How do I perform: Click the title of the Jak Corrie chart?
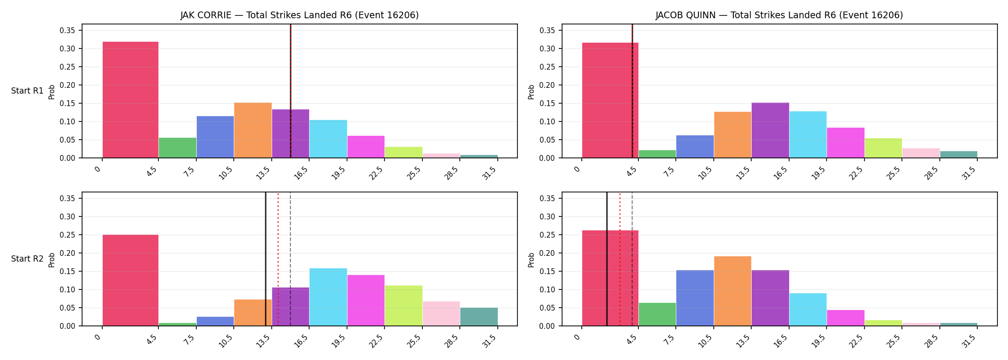tap(300, 15)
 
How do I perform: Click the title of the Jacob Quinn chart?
tap(780, 15)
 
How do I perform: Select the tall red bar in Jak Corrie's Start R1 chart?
tap(131, 100)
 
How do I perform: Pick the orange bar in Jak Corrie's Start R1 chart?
tap(253, 130)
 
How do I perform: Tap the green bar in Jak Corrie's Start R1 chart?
tap(178, 148)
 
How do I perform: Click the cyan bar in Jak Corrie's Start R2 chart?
tap(328, 297)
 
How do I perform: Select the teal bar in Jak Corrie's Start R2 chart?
tap(479, 317)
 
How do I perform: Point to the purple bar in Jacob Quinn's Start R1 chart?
tap(770, 130)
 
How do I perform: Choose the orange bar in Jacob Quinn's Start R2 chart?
tap(732, 291)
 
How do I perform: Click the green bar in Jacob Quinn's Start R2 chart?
tap(657, 314)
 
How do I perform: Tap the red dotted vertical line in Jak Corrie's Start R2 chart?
tap(278, 259)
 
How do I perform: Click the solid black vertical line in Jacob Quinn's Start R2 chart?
tap(607, 259)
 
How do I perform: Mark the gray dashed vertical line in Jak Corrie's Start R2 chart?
tap(290, 259)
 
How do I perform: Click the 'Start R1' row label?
tap(27, 91)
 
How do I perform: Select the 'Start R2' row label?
tap(27, 259)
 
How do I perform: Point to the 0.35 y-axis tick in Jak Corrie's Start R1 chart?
tap(67, 31)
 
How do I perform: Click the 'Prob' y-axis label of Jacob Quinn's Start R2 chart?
tap(531, 260)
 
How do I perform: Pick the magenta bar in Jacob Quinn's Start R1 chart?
tap(846, 143)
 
